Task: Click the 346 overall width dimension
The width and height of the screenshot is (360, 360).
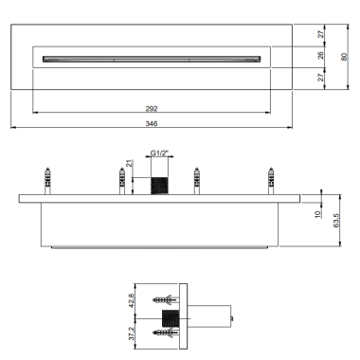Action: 152,123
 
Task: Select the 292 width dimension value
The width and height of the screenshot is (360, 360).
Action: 152,109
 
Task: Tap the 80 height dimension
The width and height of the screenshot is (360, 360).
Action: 344,57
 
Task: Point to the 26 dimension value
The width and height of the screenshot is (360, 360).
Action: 320,55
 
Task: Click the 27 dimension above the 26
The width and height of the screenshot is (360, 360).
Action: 320,34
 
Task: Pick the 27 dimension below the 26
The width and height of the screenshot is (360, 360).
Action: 320,78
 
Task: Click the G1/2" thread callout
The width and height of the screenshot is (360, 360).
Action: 159,153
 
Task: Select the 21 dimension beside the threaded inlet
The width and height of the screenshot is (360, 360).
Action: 130,164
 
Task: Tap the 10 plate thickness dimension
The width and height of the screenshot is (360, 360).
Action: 317,214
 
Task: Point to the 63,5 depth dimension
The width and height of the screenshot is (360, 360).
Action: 335,221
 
